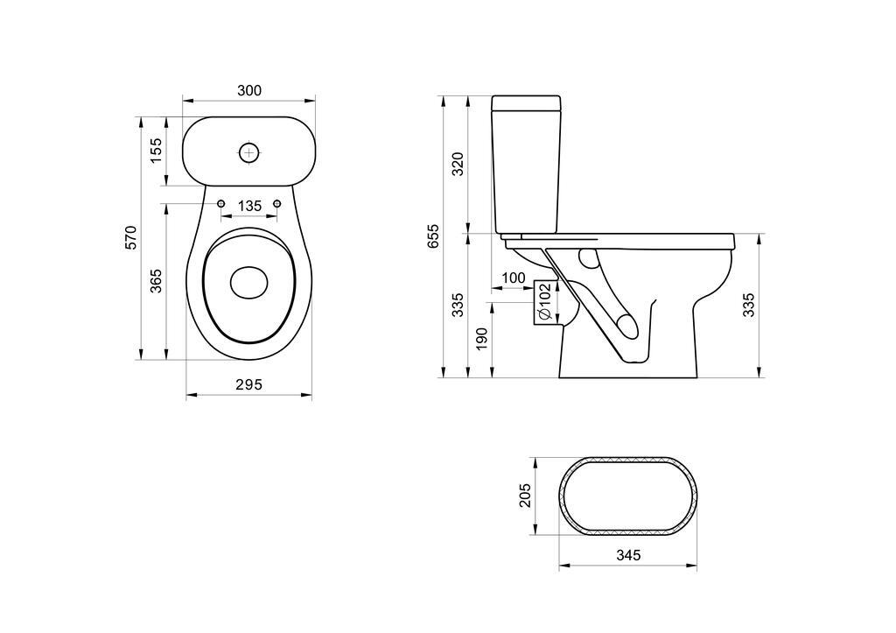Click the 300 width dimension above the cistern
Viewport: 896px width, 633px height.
249,90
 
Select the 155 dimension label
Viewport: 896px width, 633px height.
157,151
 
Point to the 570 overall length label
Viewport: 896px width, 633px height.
131,238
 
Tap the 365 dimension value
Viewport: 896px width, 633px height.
157,281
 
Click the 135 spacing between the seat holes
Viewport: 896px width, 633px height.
249,206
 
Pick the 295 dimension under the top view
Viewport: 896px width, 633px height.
249,384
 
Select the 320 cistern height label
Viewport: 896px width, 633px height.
458,164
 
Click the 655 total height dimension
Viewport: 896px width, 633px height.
433,237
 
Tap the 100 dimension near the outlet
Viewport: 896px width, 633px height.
514,278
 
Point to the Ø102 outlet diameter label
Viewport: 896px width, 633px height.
544,302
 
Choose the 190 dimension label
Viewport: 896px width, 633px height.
481,339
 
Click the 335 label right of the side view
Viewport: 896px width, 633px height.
749,305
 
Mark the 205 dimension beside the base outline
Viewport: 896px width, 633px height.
525,496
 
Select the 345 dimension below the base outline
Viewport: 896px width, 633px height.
628,555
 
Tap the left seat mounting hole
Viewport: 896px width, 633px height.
220,204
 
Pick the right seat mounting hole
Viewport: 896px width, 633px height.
278,204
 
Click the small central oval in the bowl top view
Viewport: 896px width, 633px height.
249,281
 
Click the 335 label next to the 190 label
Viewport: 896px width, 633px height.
458,305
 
